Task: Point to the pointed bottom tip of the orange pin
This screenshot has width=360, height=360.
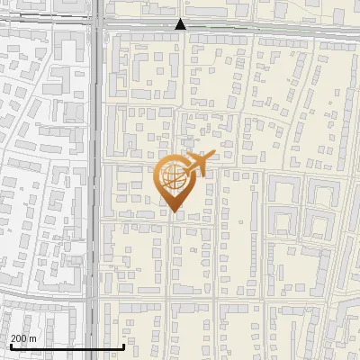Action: click(173, 211)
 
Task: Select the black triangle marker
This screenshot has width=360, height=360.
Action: click(181, 25)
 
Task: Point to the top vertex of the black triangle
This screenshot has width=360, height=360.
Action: click(181, 19)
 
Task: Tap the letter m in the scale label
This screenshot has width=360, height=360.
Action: click(34, 338)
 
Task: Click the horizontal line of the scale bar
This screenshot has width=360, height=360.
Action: click(67, 346)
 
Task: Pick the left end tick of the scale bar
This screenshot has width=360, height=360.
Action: click(11, 345)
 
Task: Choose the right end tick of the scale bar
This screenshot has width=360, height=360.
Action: click(123, 345)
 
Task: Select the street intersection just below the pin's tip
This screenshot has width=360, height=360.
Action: click(172, 219)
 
